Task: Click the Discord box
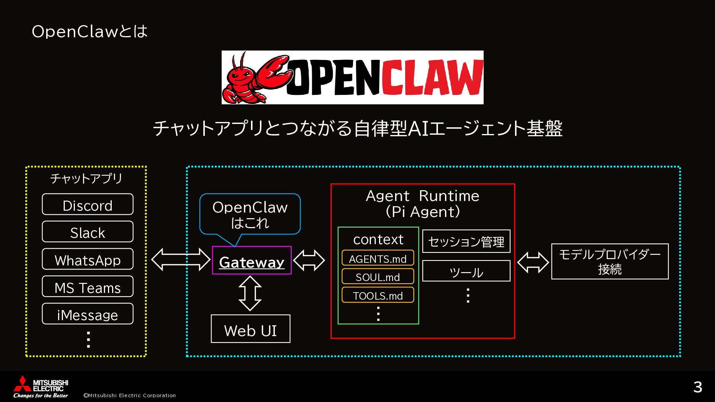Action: (88, 204)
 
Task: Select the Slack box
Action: (88, 232)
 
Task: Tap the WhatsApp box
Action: (88, 259)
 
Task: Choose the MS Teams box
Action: (88, 287)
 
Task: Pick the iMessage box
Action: (88, 314)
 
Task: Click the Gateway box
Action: (252, 261)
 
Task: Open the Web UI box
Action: (250, 329)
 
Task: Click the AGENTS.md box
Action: (378, 258)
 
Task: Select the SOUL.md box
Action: (378, 277)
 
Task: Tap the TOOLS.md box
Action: (378, 295)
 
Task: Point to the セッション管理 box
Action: (466, 241)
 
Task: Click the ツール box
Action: (466, 271)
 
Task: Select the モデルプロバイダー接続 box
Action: (610, 262)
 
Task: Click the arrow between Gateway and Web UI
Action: (250, 293)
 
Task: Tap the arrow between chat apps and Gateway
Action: (181, 259)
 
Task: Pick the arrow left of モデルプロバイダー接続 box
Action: (533, 262)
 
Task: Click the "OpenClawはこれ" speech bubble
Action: (250, 214)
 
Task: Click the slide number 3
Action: (697, 387)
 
